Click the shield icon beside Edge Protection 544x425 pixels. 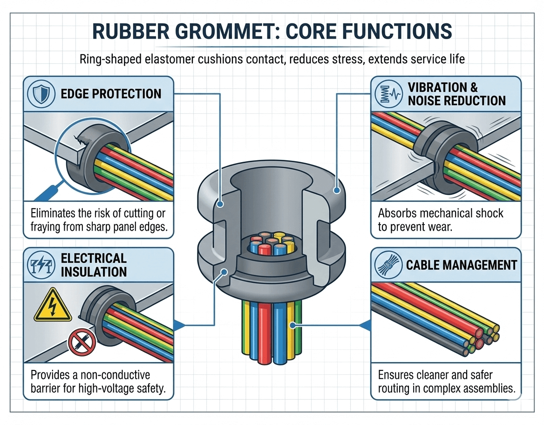pyautogui.click(x=41, y=94)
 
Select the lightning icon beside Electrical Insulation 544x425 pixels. pyautogui.click(x=41, y=265)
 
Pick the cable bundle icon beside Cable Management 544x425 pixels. pyautogui.click(x=388, y=265)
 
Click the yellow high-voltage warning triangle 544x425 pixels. pyautogui.click(x=53, y=306)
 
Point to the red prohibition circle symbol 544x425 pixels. pyautogui.click(x=82, y=343)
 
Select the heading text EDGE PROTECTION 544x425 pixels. pyautogui.click(x=111, y=94)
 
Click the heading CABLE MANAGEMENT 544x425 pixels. pyautogui.click(x=462, y=265)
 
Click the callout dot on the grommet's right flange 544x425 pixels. pyautogui.click(x=336, y=190)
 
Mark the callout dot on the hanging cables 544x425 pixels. pyautogui.click(x=293, y=325)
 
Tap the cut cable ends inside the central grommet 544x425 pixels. pyautogui.click(x=272, y=244)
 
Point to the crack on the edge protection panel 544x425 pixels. pyautogui.click(x=81, y=140)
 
